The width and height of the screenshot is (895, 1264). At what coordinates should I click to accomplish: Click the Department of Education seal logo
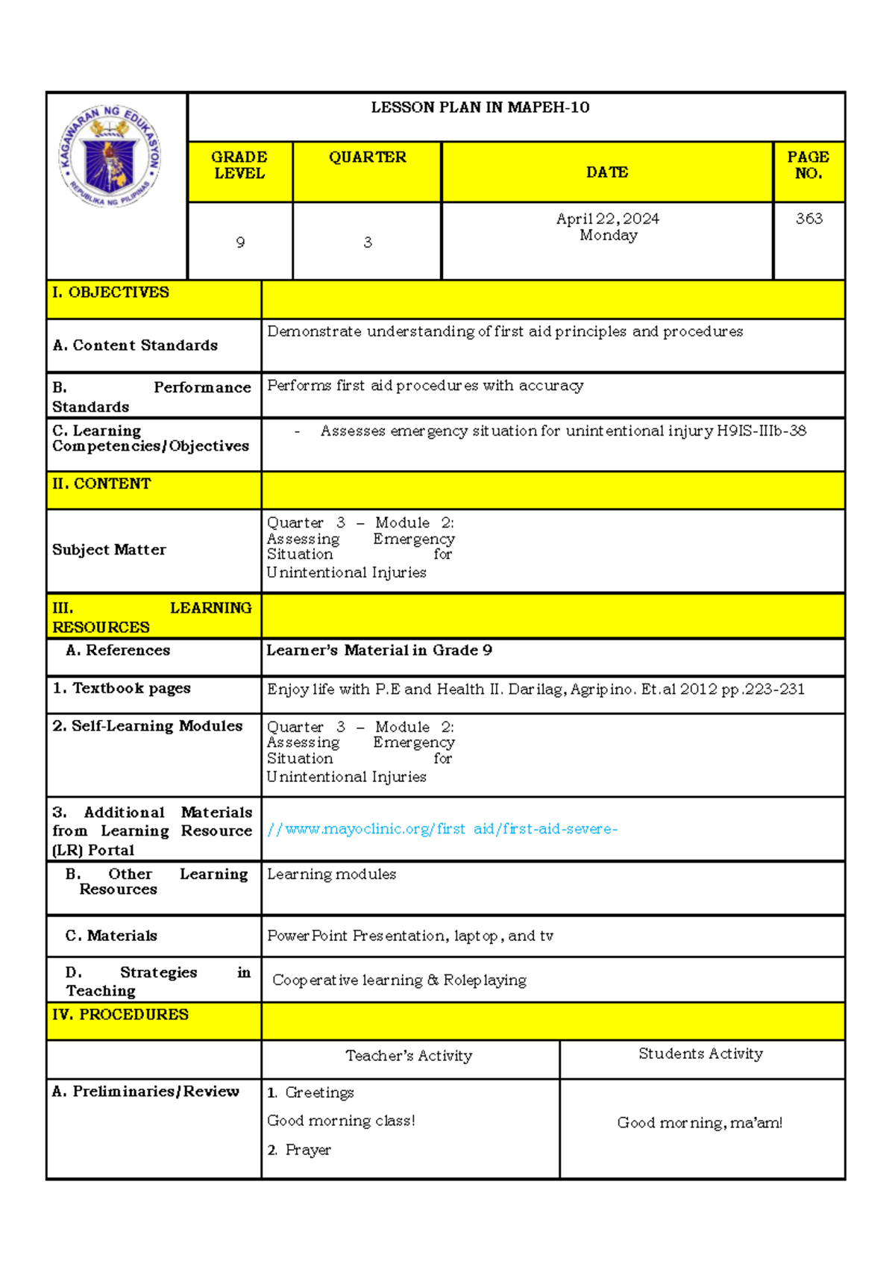pyautogui.click(x=110, y=155)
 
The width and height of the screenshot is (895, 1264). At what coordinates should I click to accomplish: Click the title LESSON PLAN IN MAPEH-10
pyautogui.click(x=480, y=107)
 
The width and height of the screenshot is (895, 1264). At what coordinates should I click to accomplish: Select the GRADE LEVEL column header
pyautogui.click(x=239, y=165)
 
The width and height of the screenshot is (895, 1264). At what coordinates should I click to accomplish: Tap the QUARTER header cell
pyautogui.click(x=368, y=157)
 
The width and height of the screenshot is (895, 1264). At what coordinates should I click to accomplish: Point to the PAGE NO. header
pyautogui.click(x=808, y=165)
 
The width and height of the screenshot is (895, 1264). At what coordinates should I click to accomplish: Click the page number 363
pyautogui.click(x=809, y=219)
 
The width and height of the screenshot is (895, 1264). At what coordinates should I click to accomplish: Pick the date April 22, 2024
pyautogui.click(x=608, y=219)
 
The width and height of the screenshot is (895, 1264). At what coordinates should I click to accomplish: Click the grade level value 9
pyautogui.click(x=240, y=243)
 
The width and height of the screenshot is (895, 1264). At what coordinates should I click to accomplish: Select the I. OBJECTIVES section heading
pyautogui.click(x=110, y=292)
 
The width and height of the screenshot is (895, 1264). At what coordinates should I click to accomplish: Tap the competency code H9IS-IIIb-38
pyautogui.click(x=761, y=431)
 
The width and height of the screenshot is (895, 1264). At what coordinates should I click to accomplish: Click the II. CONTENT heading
pyautogui.click(x=101, y=484)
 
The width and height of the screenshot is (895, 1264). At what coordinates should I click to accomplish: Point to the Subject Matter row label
pyautogui.click(x=109, y=550)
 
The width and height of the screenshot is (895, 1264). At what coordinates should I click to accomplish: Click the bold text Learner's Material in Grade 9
pyautogui.click(x=379, y=650)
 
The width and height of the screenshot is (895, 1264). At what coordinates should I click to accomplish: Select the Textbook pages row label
pyautogui.click(x=122, y=688)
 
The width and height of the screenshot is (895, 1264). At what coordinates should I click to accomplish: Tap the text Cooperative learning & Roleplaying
pyautogui.click(x=399, y=980)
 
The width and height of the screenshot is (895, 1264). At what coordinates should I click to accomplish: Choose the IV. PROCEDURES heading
pyautogui.click(x=120, y=1015)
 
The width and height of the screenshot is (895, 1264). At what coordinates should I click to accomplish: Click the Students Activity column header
pyautogui.click(x=700, y=1054)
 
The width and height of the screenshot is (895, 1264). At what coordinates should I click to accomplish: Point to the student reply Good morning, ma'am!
pyautogui.click(x=700, y=1123)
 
